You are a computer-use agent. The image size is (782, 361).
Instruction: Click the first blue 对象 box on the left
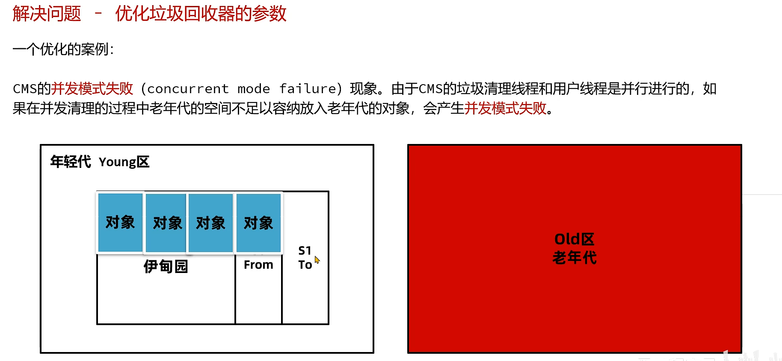pyautogui.click(x=120, y=222)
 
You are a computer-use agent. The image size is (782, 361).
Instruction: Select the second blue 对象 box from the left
pyautogui.click(x=166, y=223)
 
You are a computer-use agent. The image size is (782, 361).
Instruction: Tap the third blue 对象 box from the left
pyautogui.click(x=210, y=223)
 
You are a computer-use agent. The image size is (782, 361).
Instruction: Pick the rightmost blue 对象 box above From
pyautogui.click(x=258, y=223)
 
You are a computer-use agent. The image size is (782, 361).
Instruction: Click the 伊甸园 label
pyautogui.click(x=166, y=266)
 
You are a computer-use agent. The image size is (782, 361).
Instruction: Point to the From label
pyautogui.click(x=258, y=265)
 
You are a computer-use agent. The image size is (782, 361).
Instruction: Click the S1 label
pyautogui.click(x=305, y=250)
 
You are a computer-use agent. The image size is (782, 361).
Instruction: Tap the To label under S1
pyautogui.click(x=305, y=265)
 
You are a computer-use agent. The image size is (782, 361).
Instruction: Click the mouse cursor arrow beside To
pyautogui.click(x=317, y=259)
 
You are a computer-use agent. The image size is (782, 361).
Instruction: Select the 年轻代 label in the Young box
pyautogui.click(x=71, y=162)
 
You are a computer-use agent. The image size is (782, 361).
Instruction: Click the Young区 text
pyautogui.click(x=124, y=162)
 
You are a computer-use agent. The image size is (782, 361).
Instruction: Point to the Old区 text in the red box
pyautogui.click(x=574, y=239)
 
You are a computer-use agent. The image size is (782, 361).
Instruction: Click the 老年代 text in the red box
pyautogui.click(x=574, y=258)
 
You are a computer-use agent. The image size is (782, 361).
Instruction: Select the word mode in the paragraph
pyautogui.click(x=254, y=89)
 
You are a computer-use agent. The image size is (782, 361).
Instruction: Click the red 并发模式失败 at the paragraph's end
pyautogui.click(x=505, y=109)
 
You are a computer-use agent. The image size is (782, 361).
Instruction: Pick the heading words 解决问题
pyautogui.click(x=47, y=14)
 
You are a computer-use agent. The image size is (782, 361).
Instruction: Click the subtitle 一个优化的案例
pyautogui.click(x=62, y=50)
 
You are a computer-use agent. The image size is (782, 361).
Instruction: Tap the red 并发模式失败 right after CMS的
pyautogui.click(x=92, y=89)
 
